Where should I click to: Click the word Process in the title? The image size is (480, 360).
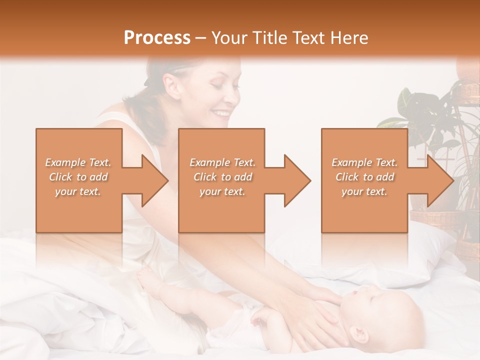pyautogui.click(x=157, y=38)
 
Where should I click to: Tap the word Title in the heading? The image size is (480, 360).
pyautogui.click(x=270, y=38)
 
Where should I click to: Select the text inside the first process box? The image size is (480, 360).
pyautogui.click(x=78, y=177)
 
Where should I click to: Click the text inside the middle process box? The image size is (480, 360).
pyautogui.click(x=222, y=177)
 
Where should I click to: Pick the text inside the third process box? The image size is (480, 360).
pyautogui.click(x=364, y=177)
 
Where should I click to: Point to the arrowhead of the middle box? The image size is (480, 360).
pyautogui.click(x=296, y=181)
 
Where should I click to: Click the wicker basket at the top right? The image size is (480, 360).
pyautogui.click(x=467, y=90)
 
